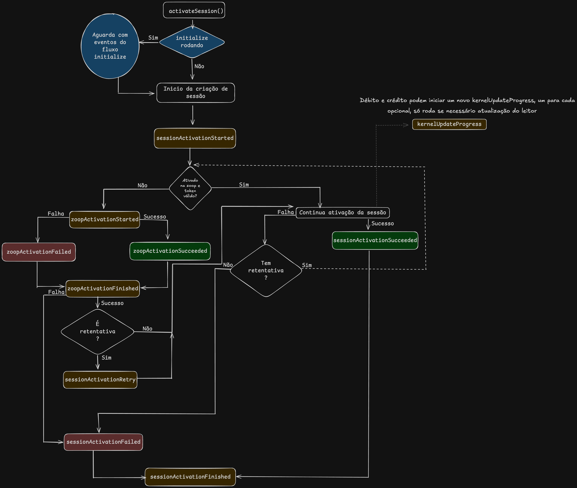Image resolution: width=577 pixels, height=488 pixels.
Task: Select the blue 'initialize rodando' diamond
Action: [192, 42]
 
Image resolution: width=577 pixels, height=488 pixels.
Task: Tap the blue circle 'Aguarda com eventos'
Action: [110, 46]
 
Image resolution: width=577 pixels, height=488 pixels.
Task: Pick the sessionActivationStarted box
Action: [195, 138]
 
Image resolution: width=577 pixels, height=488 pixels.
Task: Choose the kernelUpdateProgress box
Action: [449, 124]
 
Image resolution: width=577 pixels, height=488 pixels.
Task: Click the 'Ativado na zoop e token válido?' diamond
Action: [190, 188]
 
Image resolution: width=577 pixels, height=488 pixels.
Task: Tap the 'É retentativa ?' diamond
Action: [98, 331]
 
